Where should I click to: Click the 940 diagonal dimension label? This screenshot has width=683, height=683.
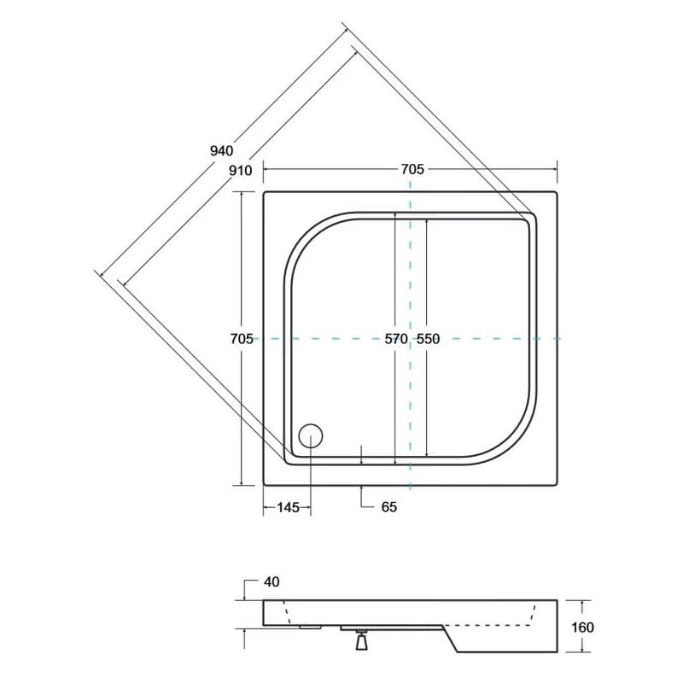point(222,151)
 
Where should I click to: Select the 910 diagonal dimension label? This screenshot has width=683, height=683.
point(241,170)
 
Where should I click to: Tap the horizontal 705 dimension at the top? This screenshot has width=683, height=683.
point(412,169)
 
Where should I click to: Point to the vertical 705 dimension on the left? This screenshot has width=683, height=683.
point(242,338)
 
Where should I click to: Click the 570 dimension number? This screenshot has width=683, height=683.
point(396,338)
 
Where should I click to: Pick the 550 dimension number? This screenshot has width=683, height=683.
point(429,338)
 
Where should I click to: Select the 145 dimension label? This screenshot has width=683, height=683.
point(289,507)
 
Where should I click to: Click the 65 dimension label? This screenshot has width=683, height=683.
point(389,507)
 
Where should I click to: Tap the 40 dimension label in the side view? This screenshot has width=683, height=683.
point(271,582)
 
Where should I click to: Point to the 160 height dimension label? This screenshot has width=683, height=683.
point(582,628)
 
